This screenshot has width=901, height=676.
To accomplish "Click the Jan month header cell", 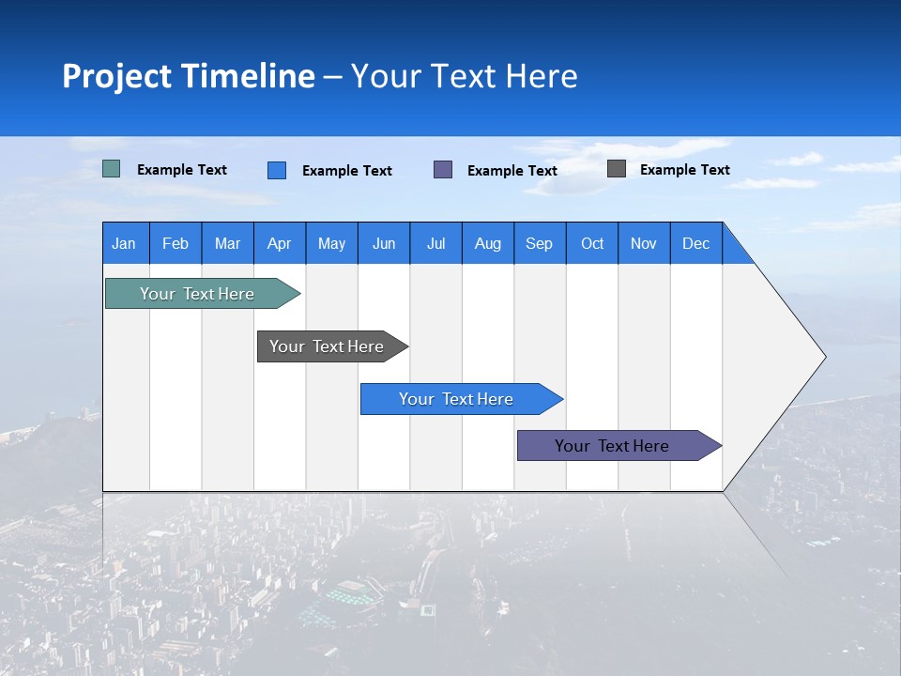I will (125, 243).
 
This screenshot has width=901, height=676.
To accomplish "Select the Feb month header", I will (176, 243).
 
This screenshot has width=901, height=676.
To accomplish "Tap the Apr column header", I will (280, 243).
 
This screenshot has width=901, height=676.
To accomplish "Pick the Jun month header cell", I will (384, 243).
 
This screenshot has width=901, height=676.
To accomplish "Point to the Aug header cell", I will (488, 243).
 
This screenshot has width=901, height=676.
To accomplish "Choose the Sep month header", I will (540, 243).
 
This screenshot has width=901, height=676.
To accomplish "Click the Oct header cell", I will (592, 243).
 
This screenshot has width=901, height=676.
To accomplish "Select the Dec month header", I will (696, 243).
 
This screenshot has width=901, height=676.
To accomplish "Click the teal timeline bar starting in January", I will (198, 294).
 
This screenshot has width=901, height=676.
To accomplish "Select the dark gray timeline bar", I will (328, 346).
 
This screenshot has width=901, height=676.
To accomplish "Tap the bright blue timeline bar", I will (457, 399).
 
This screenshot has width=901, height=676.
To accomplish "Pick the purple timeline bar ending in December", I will (613, 446).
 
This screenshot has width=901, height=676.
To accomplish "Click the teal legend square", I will (112, 169).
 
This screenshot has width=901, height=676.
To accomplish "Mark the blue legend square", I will (277, 170).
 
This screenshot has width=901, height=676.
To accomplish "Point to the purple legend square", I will (443, 170).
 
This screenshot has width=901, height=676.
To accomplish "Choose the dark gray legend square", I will (617, 169).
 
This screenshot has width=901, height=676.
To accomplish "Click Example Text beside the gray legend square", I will (685, 170).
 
